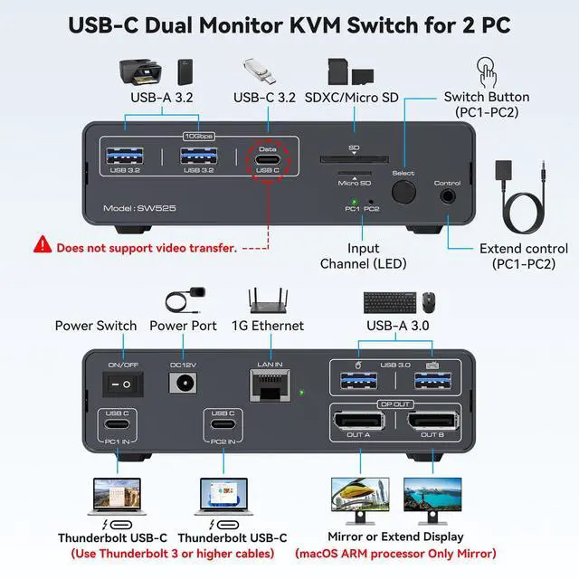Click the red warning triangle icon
coord(43,244)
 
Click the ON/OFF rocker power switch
coord(123,384)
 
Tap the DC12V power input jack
coord(184,384)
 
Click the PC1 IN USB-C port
coord(117,427)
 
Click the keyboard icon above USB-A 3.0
coord(391,301)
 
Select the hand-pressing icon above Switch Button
coord(486,71)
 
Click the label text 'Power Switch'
coord(96,326)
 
